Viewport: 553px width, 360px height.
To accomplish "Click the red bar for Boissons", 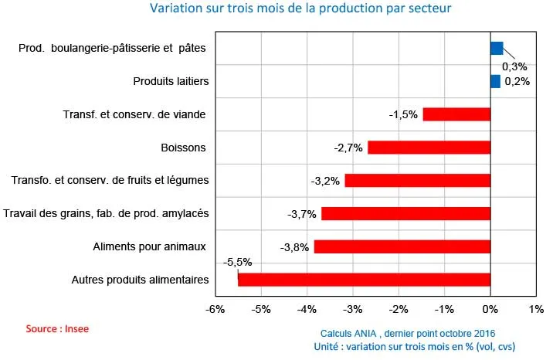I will point(429,148).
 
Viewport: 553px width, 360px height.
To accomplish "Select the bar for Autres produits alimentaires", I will point(364,280).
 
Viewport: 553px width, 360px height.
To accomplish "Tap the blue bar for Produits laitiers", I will point(495,81).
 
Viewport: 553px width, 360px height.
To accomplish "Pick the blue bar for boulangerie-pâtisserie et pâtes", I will point(497,48).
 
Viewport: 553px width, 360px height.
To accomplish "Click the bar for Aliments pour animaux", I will point(402,247).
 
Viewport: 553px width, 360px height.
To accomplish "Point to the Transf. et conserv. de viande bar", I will point(456,114).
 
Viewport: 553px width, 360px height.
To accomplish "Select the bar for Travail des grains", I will point(405,214).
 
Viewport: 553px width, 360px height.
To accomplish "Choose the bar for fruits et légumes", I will point(417,181).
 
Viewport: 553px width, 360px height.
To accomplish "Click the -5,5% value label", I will point(238,263).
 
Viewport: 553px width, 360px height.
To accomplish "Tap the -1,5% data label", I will point(403,115).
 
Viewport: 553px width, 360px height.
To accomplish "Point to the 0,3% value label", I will point(514,66).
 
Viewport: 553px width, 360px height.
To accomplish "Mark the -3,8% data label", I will point(294,247).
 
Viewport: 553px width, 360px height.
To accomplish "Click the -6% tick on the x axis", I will point(215,310).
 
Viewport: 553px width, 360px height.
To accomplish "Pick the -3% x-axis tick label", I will point(352,310).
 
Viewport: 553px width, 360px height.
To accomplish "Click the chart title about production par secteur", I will point(300,8).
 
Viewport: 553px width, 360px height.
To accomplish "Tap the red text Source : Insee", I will point(57,328).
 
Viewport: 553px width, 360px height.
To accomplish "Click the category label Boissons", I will point(183,148).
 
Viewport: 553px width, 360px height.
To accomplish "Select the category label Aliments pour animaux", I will point(149,246).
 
